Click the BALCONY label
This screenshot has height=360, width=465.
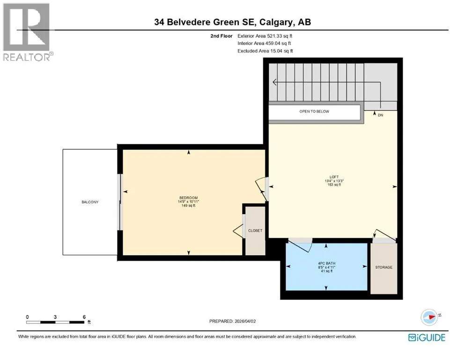[x=90, y=202]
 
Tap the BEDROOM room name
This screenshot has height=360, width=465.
[x=188, y=198]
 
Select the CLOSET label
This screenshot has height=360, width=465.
[x=255, y=231]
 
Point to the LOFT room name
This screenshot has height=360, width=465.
[x=334, y=177]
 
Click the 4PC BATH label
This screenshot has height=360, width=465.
[x=326, y=263]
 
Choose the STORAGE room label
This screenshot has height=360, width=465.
[x=384, y=267]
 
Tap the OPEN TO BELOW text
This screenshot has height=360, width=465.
[x=314, y=112]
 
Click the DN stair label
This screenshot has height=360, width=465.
[x=381, y=115]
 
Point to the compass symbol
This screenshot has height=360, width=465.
[x=429, y=317]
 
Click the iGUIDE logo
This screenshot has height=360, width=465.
[x=427, y=338]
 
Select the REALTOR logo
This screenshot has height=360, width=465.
[x=28, y=32]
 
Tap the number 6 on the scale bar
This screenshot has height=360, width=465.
[x=84, y=317]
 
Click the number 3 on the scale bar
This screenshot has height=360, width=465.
[x=55, y=317]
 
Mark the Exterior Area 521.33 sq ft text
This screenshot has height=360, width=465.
[x=265, y=36]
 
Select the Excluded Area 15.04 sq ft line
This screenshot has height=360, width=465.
[x=265, y=51]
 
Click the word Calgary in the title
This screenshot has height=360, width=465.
[x=277, y=22]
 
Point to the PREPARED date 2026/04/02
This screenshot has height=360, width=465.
[x=245, y=321]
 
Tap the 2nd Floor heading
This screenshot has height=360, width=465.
[x=221, y=36]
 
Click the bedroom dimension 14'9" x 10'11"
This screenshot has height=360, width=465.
[x=188, y=202]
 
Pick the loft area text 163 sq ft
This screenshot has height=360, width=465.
[x=334, y=185]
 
